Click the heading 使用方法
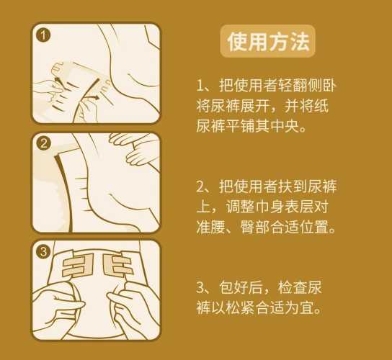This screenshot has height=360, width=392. coord(268,42)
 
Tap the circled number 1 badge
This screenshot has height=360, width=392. coord(43,35)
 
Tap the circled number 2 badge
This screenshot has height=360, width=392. coord(43,144)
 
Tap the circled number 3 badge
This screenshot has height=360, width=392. coord(43,251)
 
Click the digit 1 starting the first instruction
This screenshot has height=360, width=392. coord(200,86)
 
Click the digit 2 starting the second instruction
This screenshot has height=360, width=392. coord(200,186)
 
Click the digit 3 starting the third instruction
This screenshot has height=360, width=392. coord(200,287)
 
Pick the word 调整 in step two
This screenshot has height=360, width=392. coord(240,207)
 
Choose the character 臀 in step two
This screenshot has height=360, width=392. coord(248,227)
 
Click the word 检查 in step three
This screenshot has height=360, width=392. coord(292,287)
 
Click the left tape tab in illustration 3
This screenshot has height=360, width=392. coord(78,265)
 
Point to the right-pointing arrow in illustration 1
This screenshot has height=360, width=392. coord(94,98)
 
